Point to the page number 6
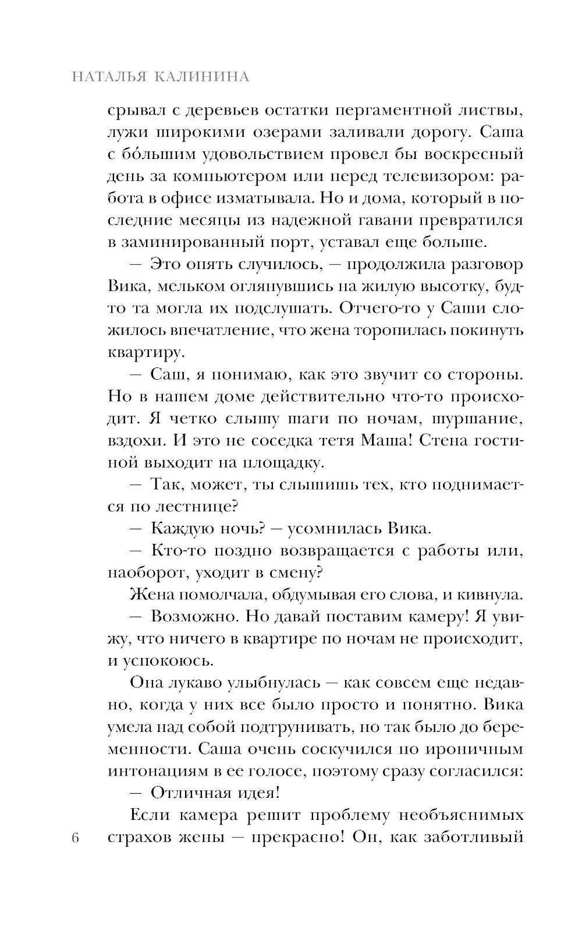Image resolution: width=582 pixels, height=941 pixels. point(75,837)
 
